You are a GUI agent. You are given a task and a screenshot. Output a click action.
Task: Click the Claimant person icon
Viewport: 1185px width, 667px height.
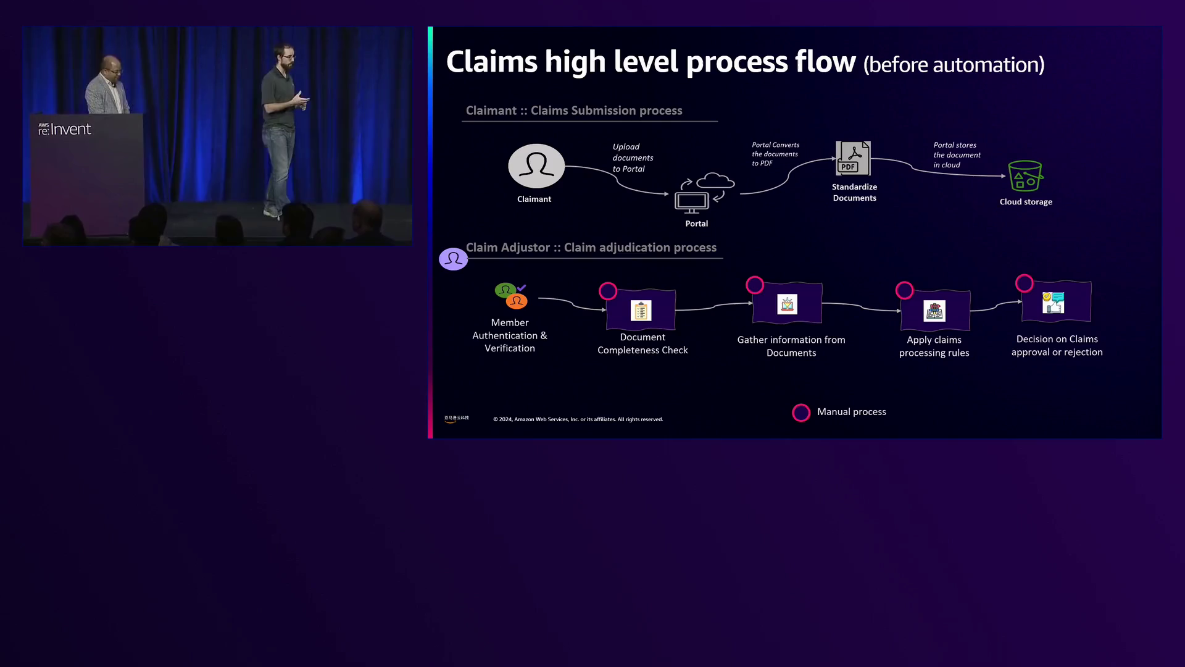click(536, 166)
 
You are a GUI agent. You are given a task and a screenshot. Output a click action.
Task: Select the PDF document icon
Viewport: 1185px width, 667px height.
click(853, 159)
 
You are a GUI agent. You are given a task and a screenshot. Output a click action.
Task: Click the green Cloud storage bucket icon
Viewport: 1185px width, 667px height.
click(1025, 177)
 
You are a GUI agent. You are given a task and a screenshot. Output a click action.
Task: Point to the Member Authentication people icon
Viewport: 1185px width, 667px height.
click(511, 296)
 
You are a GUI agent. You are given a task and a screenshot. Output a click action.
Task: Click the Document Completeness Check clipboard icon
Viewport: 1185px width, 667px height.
click(641, 311)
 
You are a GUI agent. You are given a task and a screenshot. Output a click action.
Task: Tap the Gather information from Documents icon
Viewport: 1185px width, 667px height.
click(787, 304)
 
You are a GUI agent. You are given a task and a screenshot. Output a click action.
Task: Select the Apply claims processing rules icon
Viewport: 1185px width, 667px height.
click(934, 311)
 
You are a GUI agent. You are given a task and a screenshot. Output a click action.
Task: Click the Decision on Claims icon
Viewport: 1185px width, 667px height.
click(1054, 303)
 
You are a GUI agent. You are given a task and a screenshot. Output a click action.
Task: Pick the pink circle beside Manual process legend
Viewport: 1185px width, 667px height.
click(801, 413)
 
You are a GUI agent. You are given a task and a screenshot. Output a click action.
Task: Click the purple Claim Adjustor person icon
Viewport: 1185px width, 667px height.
click(453, 259)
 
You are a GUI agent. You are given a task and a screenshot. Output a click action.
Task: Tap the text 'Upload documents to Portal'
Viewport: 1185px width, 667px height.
click(633, 158)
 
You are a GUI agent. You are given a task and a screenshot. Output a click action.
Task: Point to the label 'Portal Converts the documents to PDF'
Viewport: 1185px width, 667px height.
click(775, 154)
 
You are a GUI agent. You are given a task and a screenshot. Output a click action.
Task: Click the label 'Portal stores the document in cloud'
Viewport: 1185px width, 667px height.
click(957, 155)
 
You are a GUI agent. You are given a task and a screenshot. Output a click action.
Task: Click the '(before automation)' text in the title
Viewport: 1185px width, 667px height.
click(954, 65)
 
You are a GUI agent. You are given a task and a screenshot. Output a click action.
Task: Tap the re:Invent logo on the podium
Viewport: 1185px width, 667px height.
click(65, 129)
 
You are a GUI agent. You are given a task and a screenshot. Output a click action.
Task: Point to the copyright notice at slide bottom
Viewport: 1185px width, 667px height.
click(578, 419)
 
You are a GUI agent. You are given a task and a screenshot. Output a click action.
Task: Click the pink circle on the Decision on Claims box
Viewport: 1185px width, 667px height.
click(1025, 283)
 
